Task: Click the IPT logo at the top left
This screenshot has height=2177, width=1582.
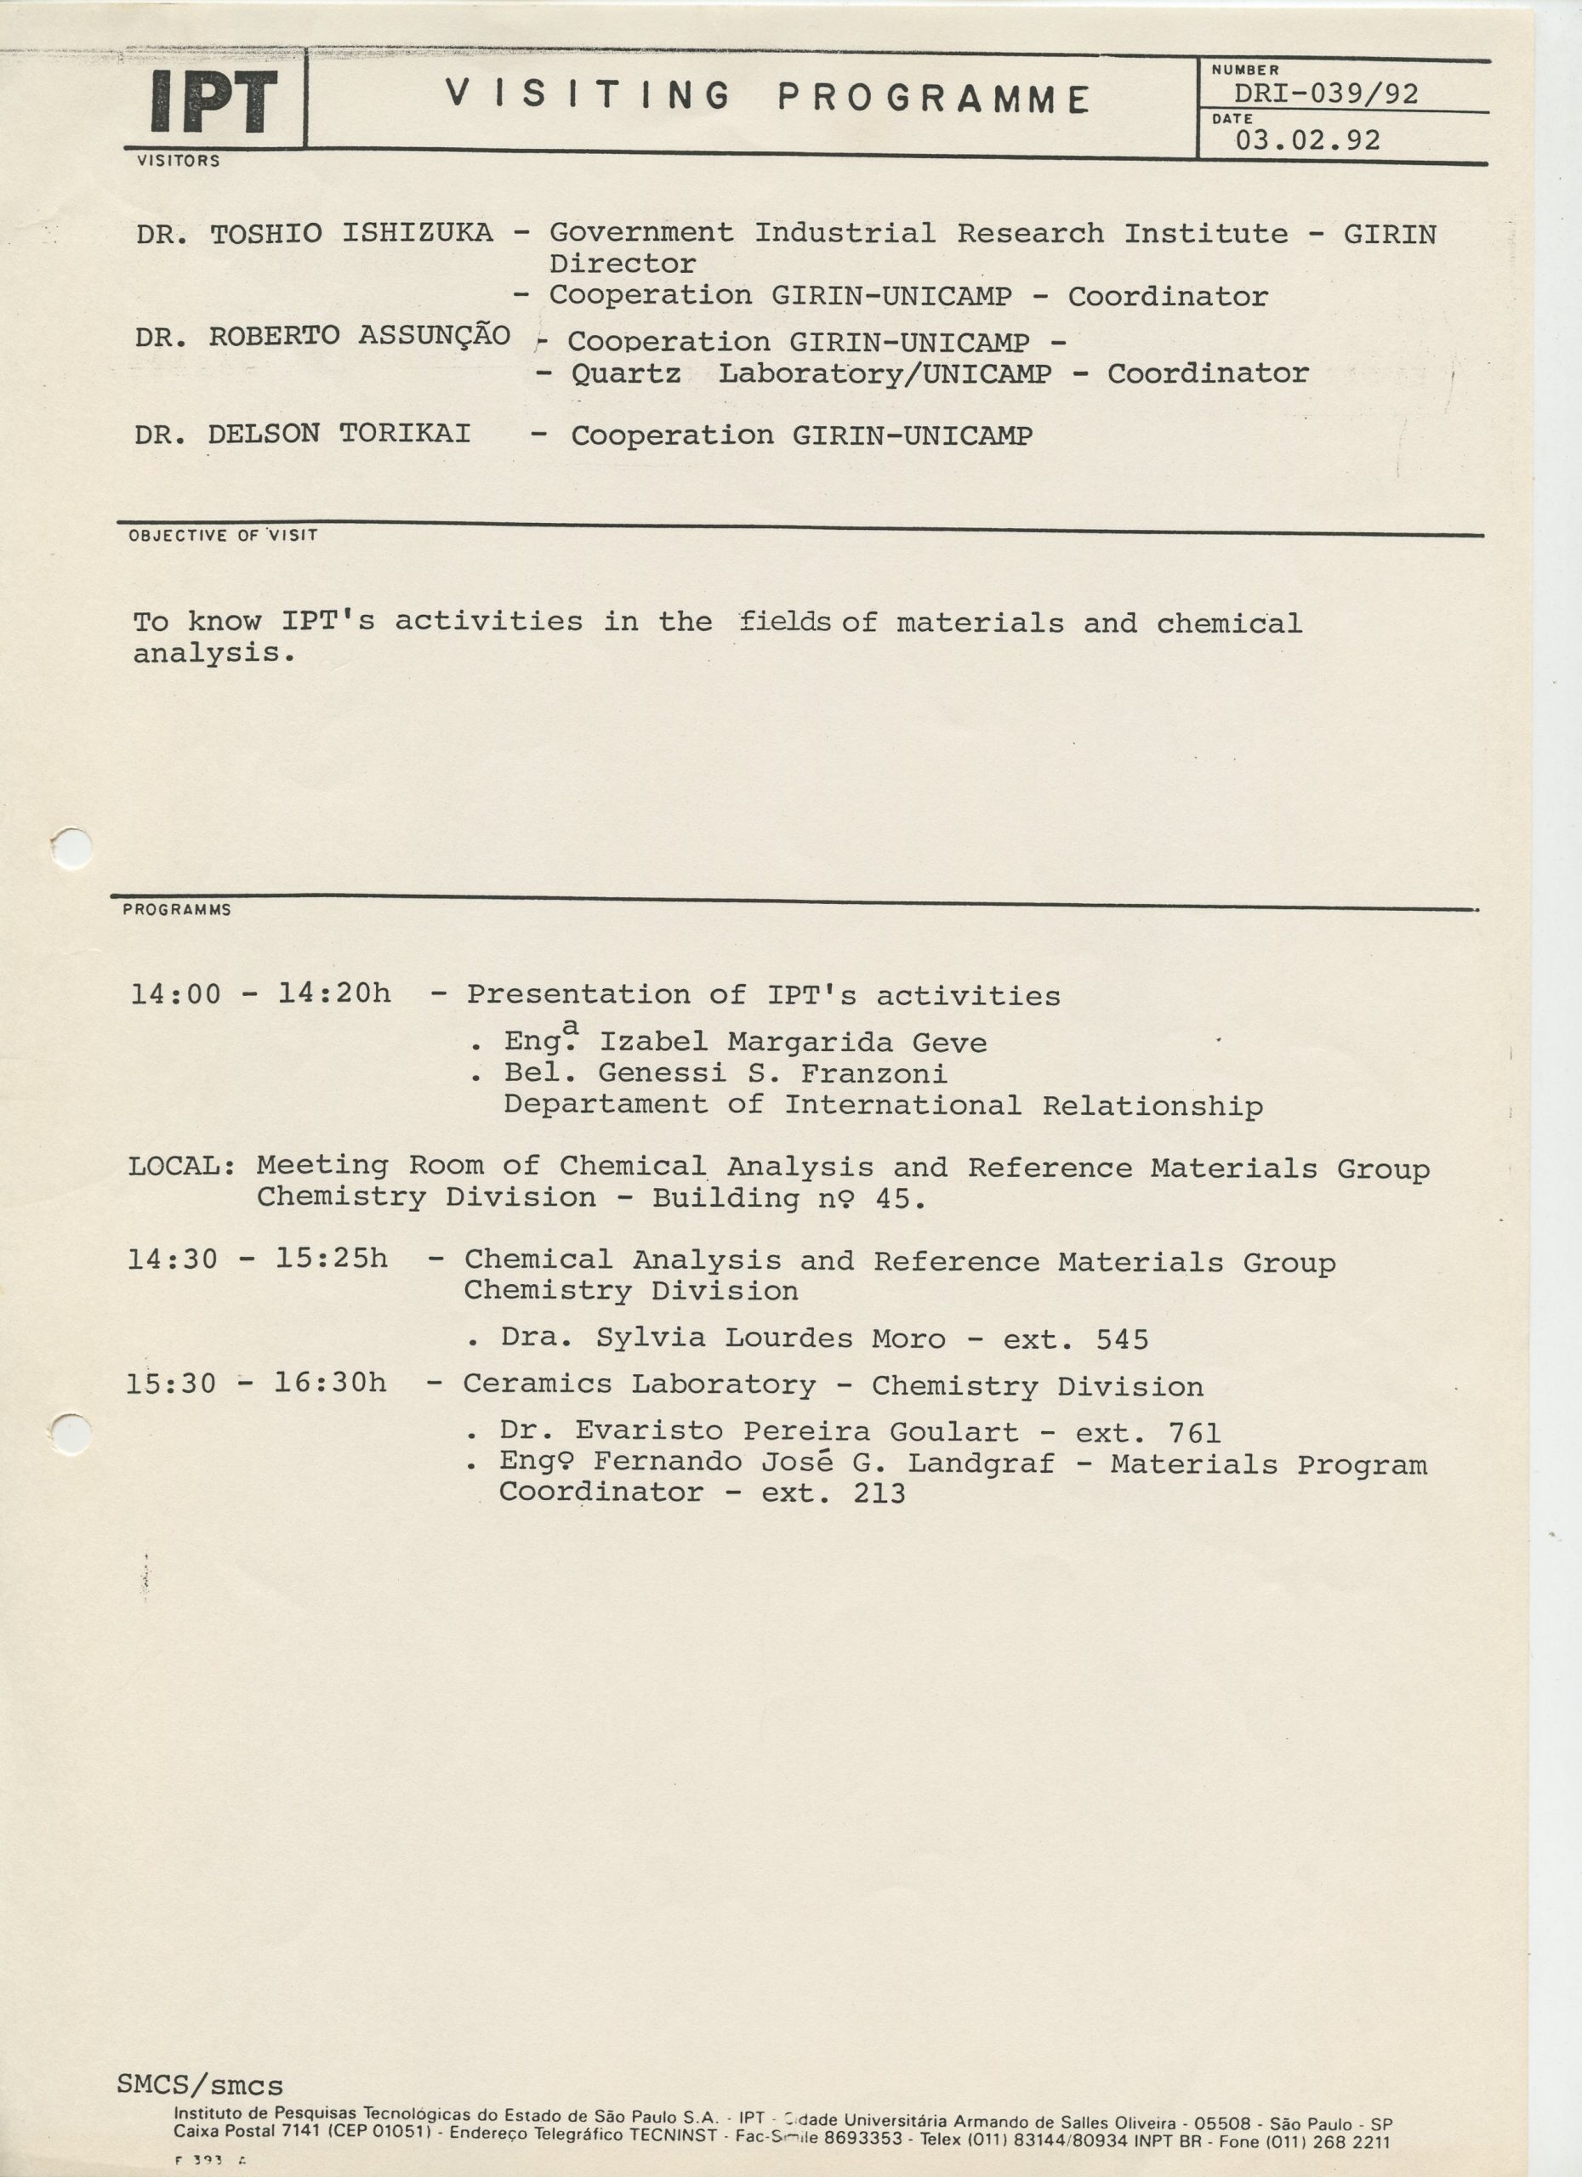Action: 214,102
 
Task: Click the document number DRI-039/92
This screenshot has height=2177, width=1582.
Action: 1326,94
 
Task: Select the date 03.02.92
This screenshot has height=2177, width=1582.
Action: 1307,140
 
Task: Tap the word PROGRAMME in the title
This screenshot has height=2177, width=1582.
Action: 933,98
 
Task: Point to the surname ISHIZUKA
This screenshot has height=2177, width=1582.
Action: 418,232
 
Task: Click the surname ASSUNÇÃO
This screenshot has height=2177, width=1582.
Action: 434,335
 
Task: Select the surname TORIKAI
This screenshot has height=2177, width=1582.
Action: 405,433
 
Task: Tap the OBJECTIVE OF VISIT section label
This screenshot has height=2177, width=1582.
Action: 223,535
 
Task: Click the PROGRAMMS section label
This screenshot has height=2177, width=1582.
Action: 177,909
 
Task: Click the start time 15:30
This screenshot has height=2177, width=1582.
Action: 171,1384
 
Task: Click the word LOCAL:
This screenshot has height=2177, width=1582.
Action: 182,1165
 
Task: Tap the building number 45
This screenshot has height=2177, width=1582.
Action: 901,1198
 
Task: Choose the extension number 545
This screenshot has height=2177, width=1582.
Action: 1121,1339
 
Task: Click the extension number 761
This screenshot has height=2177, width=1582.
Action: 1194,1433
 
